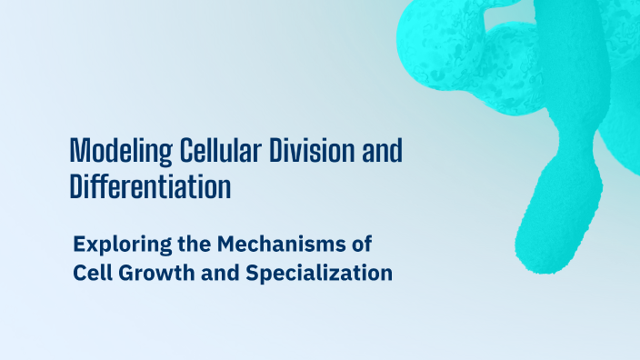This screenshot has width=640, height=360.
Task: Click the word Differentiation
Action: click(150, 186)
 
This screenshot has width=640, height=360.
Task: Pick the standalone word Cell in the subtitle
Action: click(90, 273)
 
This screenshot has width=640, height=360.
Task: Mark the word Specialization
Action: click(319, 273)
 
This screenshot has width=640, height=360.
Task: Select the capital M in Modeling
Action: click(78, 151)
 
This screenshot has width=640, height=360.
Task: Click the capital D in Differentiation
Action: click(76, 186)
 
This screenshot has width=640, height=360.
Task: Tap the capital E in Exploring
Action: click(79, 244)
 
